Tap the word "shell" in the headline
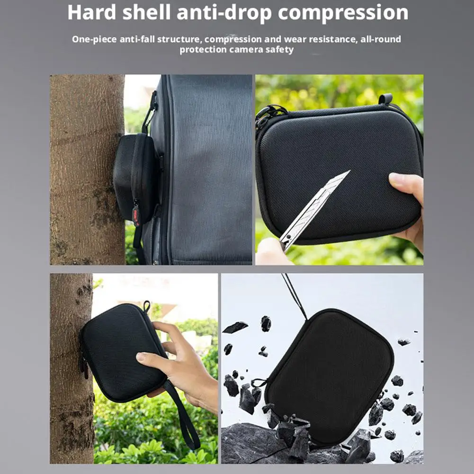(x=147, y=12)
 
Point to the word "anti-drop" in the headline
(x=224, y=13)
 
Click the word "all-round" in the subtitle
(x=381, y=39)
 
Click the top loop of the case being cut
(x=386, y=99)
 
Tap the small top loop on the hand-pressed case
(x=147, y=305)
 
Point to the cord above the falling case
(x=295, y=296)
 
